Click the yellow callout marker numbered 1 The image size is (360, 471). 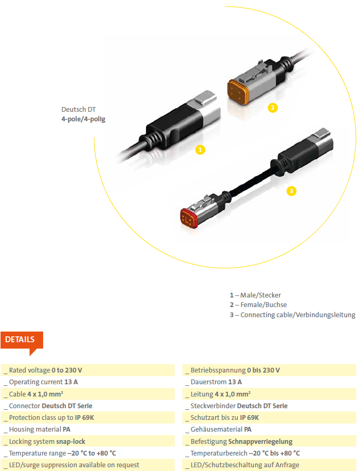coord(200,150)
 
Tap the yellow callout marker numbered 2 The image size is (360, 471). coord(273,108)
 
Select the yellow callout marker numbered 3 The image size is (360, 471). coord(291,191)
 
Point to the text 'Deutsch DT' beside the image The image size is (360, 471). coord(78,109)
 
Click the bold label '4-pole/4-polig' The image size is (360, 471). coord(83,119)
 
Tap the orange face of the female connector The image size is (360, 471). coord(238,93)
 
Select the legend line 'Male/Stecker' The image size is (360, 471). coord(256,295)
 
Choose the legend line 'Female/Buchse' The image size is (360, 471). coord(258,305)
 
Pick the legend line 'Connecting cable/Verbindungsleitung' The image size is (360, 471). coord(293,315)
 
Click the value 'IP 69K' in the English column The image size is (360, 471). coord(85,418)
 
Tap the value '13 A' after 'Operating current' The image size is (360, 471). coord(71,382)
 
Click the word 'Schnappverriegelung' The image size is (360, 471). coord(260,441)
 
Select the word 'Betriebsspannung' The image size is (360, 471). coord(218,370)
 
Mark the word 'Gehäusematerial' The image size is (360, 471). coord(216,429)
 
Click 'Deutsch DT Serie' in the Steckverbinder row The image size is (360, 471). coord(262,406)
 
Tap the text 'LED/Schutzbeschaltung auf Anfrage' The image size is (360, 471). coord(245,465)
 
